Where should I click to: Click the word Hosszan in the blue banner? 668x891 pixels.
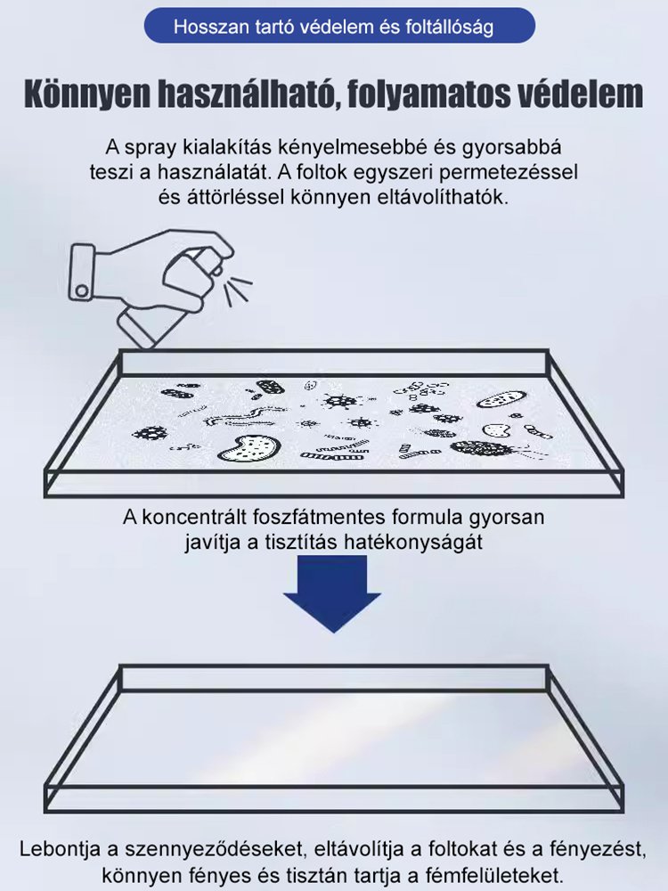pyautogui.click(x=206, y=28)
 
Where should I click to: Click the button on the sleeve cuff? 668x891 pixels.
pyautogui.click(x=82, y=289)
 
